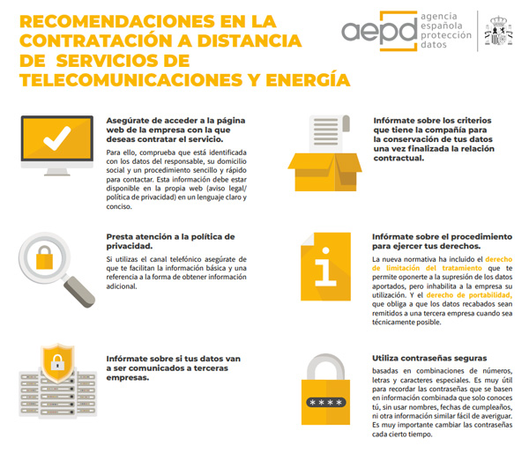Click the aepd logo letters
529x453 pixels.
pyautogui.click(x=375, y=30)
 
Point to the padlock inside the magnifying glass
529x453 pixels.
pyautogui.click(x=46, y=258)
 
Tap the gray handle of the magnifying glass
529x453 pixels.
pyautogui.click(x=82, y=291)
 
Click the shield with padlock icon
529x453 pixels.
pyautogui.click(x=55, y=362)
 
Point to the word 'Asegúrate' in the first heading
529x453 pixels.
pyautogui.click(x=130, y=120)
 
